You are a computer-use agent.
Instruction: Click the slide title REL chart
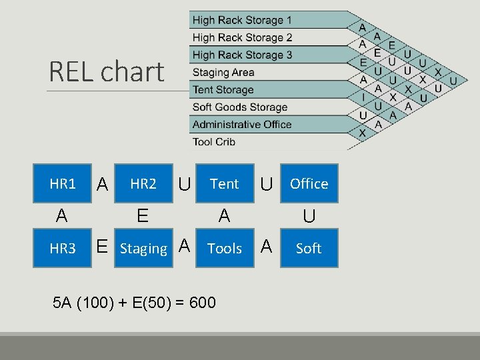tap(107, 72)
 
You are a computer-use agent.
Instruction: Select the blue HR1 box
tap(63, 183)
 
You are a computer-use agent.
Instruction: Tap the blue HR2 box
tap(143, 183)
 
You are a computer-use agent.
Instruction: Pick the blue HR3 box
tap(63, 248)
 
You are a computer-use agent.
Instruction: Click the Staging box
tap(143, 249)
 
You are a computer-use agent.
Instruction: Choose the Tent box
tap(225, 183)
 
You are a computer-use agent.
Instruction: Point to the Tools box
tap(225, 248)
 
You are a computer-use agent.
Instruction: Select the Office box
tap(309, 183)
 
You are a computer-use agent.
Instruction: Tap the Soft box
tap(309, 248)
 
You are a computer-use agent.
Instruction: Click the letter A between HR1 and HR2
tap(102, 184)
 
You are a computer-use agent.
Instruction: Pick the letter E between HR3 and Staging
tap(102, 247)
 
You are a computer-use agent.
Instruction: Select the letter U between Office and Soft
tap(309, 216)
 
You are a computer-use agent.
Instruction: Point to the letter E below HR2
tap(142, 215)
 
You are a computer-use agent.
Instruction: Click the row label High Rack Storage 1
tap(242, 20)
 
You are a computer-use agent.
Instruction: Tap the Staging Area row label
tap(223, 72)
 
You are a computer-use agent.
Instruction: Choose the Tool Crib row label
tap(213, 141)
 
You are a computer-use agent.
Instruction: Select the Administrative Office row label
tap(242, 124)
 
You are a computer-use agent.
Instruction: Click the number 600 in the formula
tap(203, 303)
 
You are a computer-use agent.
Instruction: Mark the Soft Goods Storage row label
tap(239, 107)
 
